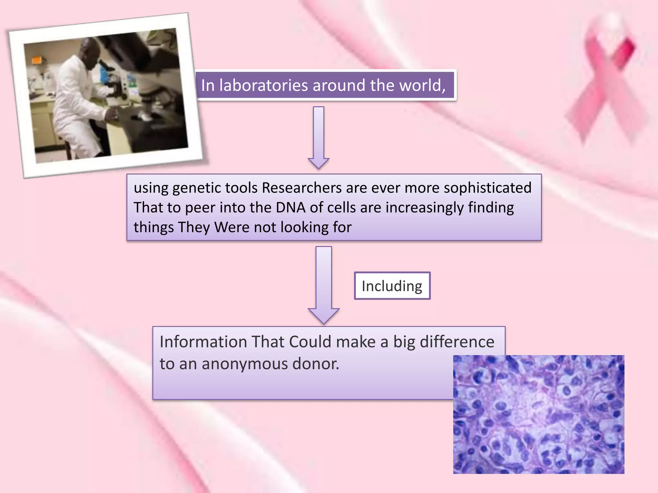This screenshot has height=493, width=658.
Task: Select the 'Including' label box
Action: pos(392,286)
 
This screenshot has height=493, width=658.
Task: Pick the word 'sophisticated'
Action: pos(487,188)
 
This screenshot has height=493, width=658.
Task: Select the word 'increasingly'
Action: pos(424,208)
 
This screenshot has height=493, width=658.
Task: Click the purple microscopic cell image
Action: pos(538,414)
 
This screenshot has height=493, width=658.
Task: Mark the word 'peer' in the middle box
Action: pos(200,208)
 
